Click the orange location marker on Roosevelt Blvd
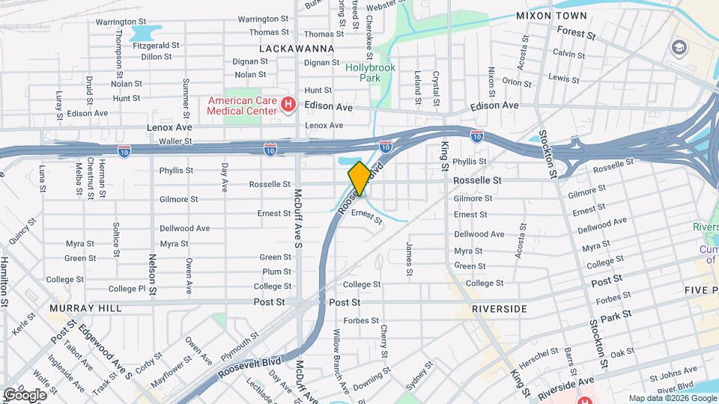pos(359,178)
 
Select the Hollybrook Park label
pos(363,72)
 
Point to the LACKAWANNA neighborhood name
pos(295,48)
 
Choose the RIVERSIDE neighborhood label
pos(500,308)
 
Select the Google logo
pos(25,394)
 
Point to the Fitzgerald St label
pos(156,45)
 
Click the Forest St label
pos(576,34)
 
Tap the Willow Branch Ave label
pos(343,366)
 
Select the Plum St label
pos(276,272)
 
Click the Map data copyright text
pos(671,398)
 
